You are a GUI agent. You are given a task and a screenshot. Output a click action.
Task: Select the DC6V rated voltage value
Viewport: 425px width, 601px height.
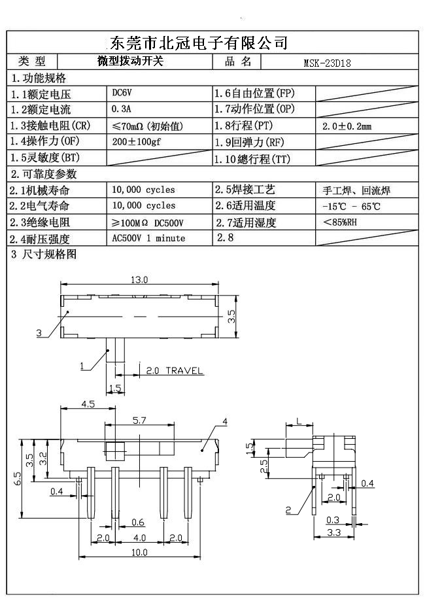coord(122,93)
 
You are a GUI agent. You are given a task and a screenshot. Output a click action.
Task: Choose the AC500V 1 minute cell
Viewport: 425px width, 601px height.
coord(148,238)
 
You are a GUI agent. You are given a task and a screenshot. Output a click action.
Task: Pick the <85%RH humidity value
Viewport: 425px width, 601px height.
coord(339,222)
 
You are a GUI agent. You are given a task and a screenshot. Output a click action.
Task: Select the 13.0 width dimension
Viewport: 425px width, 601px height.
coord(139,279)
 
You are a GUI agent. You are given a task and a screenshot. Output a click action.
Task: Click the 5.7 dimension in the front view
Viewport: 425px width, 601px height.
coord(139,420)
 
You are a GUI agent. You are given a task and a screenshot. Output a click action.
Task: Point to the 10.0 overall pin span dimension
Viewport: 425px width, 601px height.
coord(139,553)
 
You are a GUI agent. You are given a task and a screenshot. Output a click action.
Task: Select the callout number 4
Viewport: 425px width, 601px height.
coord(224,422)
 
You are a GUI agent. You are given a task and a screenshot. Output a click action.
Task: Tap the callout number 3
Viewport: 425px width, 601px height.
coord(39,333)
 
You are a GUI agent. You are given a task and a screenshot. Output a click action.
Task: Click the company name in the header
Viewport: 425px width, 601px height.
coord(197,43)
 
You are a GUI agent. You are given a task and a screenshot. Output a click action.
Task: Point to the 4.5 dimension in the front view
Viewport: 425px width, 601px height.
coord(88,404)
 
